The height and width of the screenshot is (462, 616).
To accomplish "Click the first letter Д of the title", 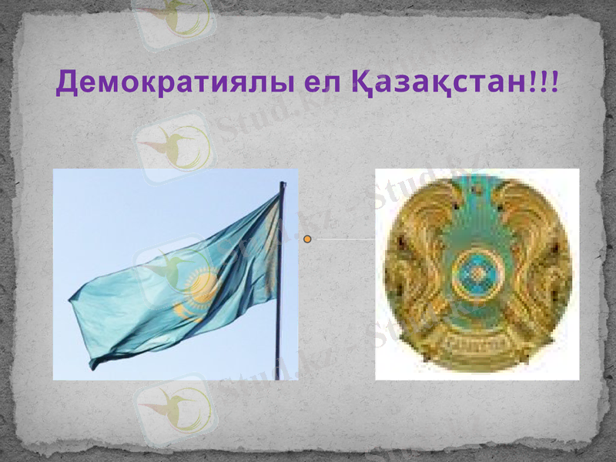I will (x=67, y=82).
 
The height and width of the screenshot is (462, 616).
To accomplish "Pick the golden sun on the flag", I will (x=202, y=286).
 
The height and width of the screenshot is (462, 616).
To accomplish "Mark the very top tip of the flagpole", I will (x=283, y=183).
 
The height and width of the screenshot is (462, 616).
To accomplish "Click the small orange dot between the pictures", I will (x=308, y=239).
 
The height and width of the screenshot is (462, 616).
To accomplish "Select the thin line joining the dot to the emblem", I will (x=343, y=239).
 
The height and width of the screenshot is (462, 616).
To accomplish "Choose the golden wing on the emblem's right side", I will (x=539, y=254).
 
